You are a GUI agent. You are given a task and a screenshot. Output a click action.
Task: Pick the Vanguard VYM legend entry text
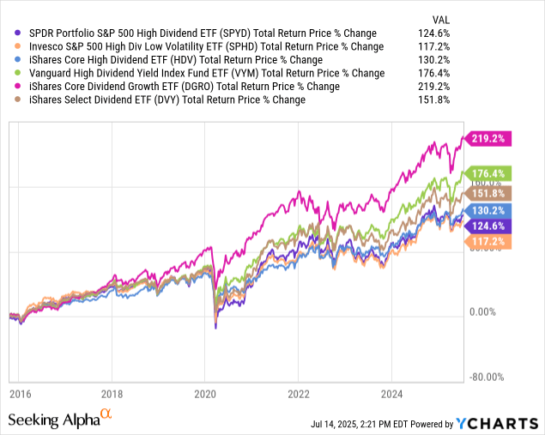point(194,73)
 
